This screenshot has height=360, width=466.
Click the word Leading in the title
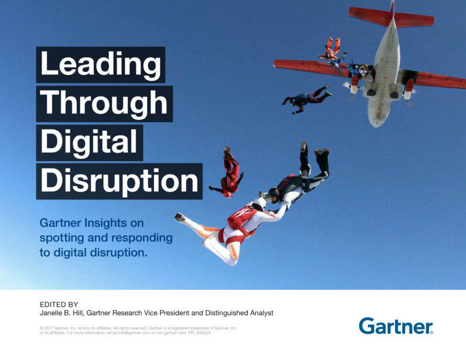100,65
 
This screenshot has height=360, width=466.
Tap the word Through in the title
104,103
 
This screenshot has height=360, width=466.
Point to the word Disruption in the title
119,181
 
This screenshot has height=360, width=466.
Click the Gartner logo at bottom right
396,326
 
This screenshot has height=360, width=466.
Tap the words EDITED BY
59,305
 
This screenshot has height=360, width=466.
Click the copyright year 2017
49,328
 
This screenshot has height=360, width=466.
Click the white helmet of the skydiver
259,204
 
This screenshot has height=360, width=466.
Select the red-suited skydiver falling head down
229,172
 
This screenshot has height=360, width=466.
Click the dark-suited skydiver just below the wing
307,99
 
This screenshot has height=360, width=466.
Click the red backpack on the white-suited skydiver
242,219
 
